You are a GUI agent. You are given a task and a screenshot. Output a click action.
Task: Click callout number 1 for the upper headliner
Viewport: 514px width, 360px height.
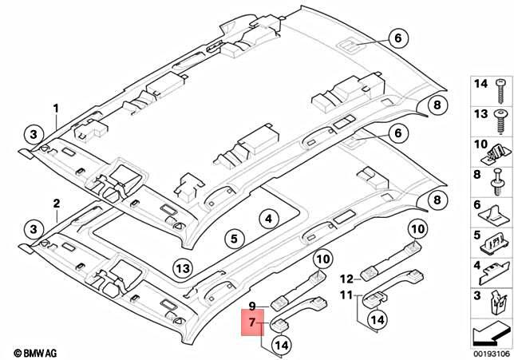57,108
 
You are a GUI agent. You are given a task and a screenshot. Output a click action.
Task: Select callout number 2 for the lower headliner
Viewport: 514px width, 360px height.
57,204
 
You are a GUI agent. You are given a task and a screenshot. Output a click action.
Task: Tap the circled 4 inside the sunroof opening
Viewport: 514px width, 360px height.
269,218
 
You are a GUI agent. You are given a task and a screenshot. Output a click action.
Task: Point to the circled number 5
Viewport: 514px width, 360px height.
233,238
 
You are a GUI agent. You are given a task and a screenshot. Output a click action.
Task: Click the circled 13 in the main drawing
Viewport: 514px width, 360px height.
182,267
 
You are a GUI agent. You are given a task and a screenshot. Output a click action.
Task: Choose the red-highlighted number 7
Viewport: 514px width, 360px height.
252,324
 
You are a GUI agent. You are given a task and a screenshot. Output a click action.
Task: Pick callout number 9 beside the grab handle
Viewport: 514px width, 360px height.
251,305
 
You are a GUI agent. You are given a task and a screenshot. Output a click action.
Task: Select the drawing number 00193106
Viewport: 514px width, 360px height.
488,351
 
